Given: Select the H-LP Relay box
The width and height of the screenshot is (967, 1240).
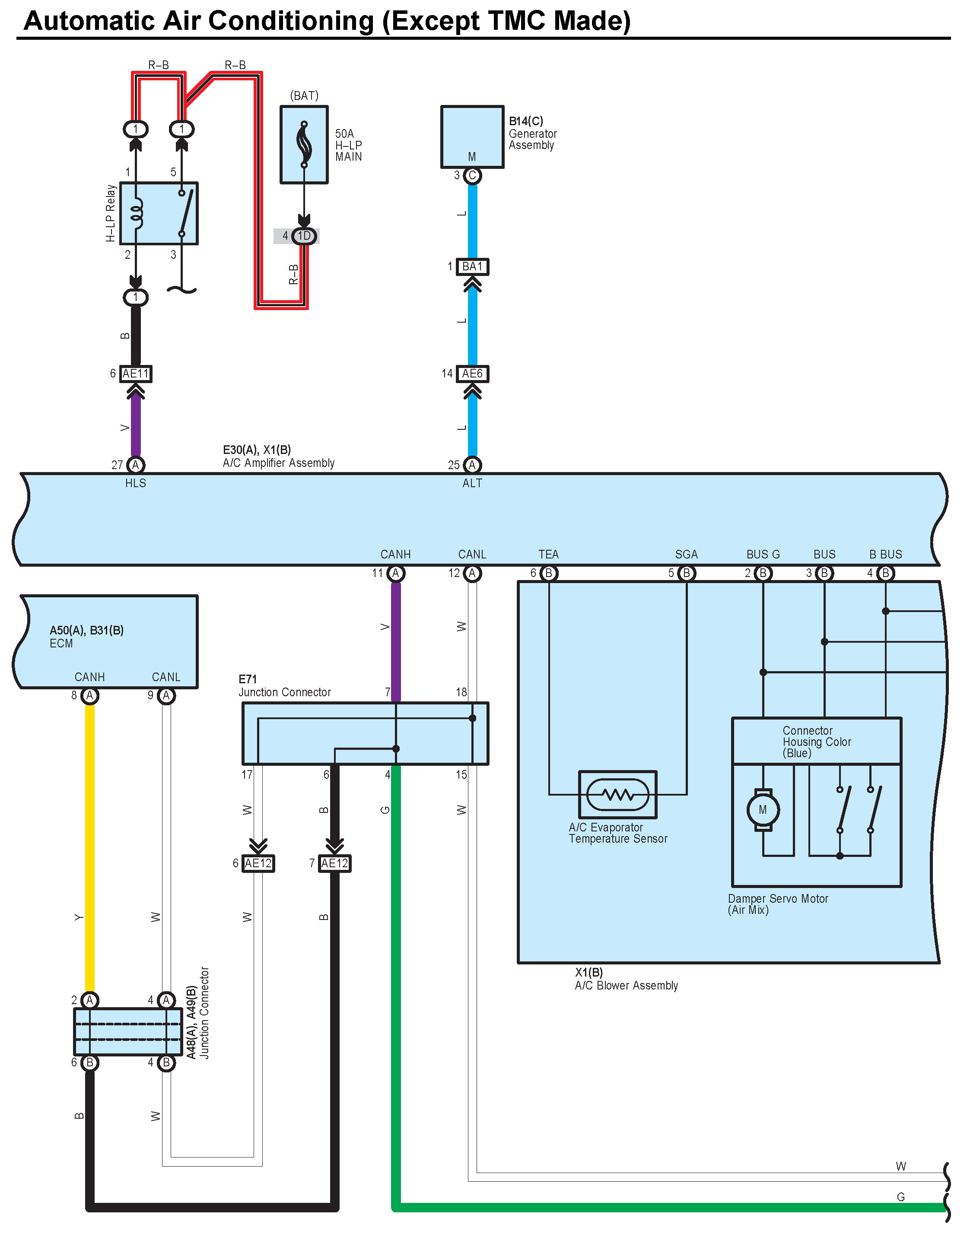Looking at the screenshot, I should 159,213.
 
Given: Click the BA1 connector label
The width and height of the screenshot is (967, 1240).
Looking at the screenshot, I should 472,266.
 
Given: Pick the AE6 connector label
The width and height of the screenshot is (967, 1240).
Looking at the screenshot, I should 472,374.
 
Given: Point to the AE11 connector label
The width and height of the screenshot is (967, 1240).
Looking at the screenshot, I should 136,374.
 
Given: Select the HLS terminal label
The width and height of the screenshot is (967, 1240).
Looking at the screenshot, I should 136,483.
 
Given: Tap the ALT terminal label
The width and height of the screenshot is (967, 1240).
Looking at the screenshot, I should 472,483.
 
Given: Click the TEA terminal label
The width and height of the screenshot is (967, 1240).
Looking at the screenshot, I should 548,554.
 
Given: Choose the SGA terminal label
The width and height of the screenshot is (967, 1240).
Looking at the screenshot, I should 686,554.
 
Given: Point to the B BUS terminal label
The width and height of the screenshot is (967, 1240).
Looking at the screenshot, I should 885,554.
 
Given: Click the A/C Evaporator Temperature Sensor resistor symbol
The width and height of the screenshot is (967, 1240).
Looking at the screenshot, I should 617,794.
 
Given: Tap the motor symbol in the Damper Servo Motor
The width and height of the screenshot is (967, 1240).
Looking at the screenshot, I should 763,810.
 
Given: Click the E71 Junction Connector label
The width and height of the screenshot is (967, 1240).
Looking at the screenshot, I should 284,686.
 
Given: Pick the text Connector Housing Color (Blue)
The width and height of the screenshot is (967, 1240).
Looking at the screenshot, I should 817,742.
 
